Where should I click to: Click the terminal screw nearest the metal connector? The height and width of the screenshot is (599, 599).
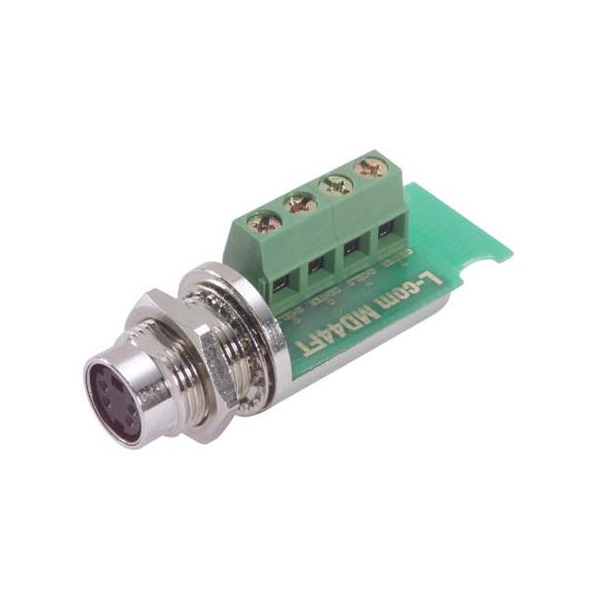[x=264, y=223]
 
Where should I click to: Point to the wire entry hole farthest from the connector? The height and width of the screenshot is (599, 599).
[x=387, y=230]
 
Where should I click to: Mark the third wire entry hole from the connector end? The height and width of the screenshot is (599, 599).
[x=352, y=247]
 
